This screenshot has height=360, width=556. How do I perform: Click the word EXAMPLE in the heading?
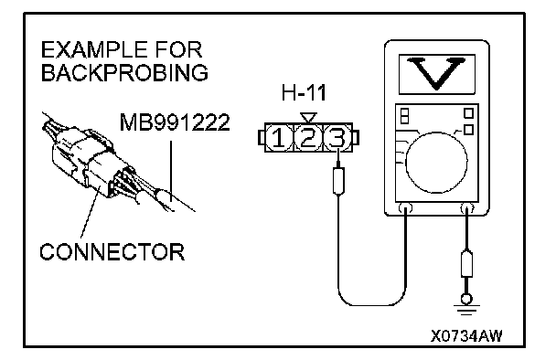click(x=94, y=49)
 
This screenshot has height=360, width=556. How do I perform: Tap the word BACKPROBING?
click(x=124, y=72)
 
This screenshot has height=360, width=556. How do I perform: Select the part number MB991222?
click(x=175, y=122)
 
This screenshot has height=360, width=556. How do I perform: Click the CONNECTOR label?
click(x=112, y=252)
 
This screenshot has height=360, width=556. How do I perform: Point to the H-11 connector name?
click(x=304, y=93)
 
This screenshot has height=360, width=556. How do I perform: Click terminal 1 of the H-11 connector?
click(x=278, y=138)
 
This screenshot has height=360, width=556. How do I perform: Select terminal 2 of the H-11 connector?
click(x=308, y=138)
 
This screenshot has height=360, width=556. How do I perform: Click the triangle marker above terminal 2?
click(x=308, y=118)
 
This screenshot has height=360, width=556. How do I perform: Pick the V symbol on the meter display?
click(x=436, y=73)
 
